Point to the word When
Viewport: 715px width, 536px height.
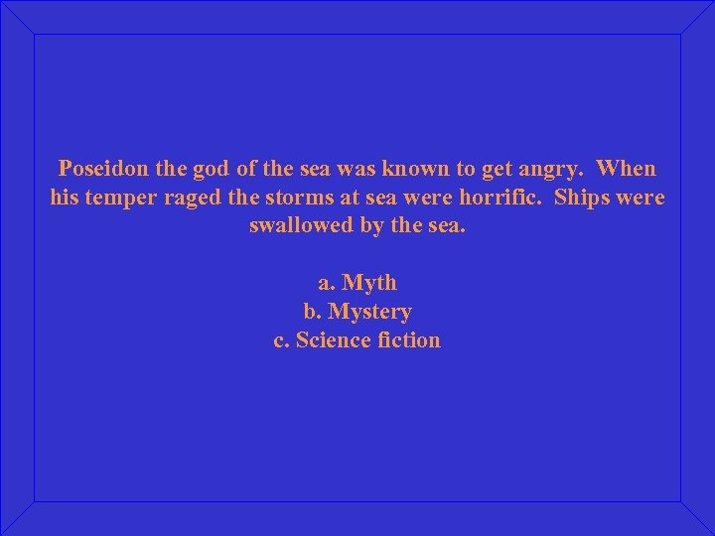[628, 169]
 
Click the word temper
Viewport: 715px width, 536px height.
[122, 198]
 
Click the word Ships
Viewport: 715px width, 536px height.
[584, 197]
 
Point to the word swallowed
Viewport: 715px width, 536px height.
[301, 225]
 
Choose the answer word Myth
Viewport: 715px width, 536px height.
[369, 283]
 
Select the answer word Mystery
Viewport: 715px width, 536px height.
[369, 312]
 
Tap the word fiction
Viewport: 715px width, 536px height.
[409, 339]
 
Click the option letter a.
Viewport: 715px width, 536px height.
[327, 283]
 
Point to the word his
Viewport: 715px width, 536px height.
[64, 197]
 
